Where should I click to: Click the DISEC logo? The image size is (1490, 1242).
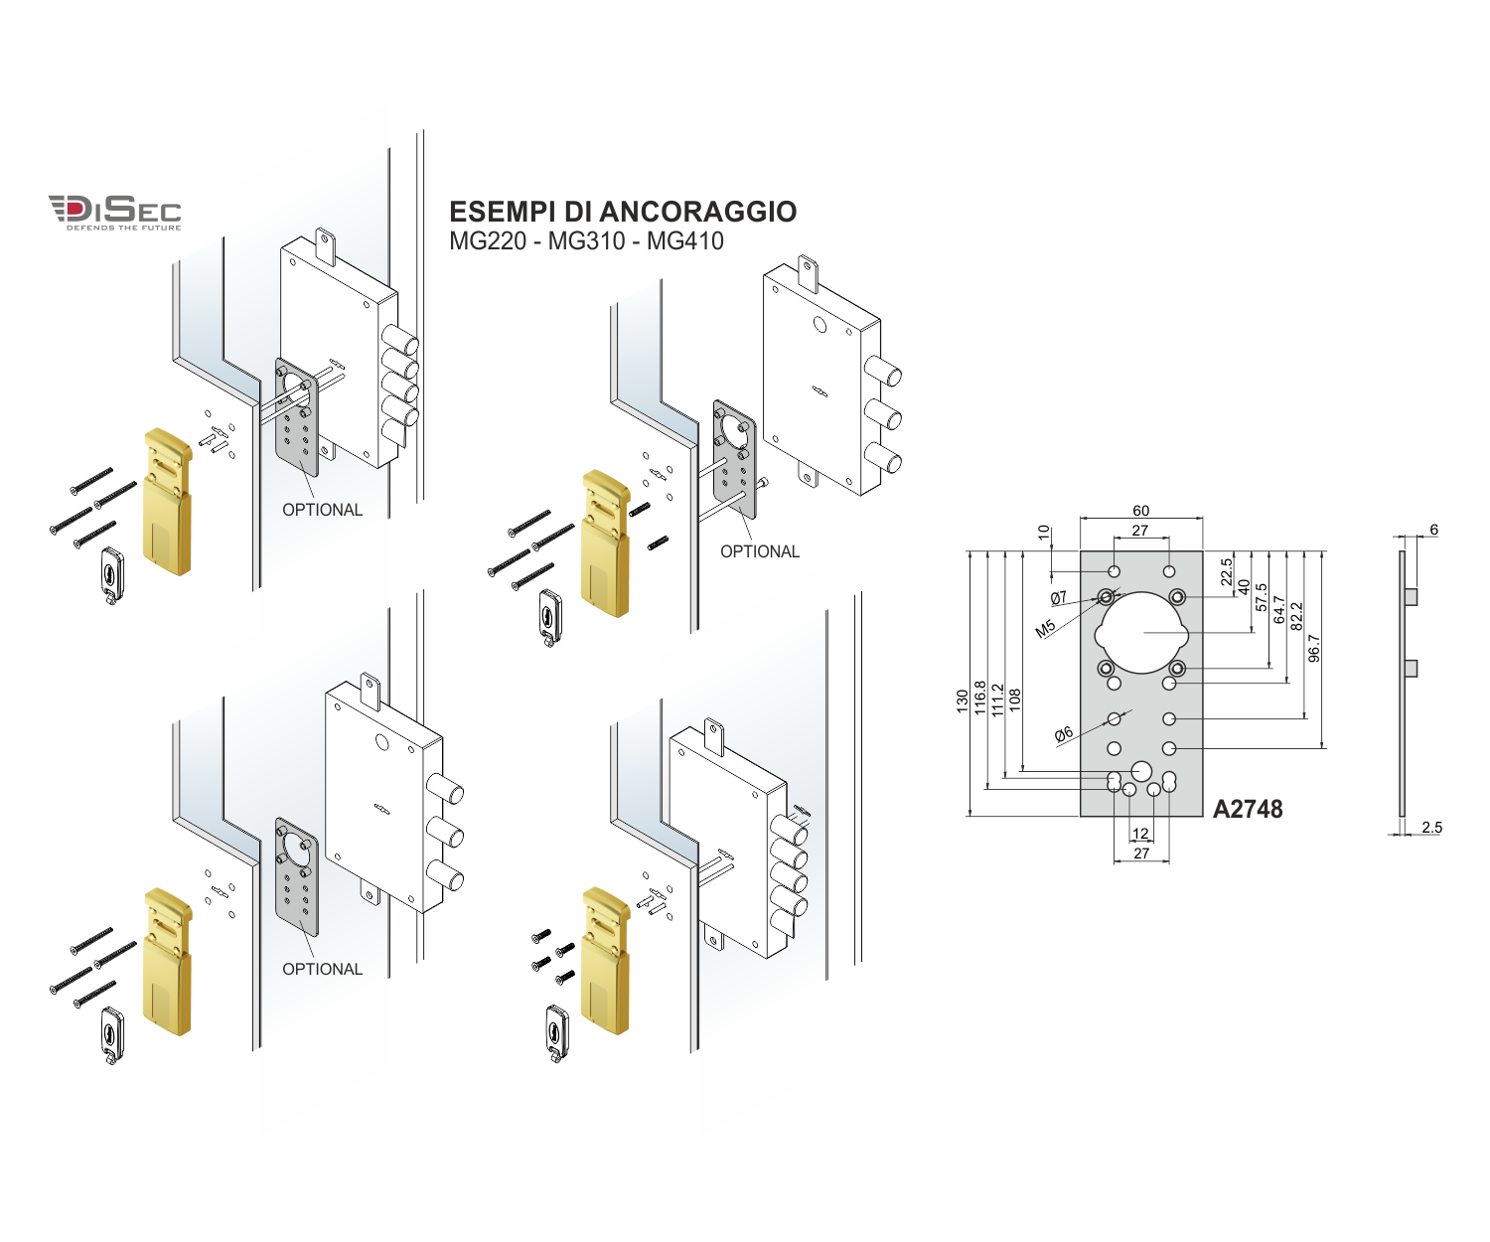tap(115, 212)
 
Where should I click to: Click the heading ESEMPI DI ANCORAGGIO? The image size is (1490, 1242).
tap(622, 212)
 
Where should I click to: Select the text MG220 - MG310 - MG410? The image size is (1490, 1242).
tap(586, 241)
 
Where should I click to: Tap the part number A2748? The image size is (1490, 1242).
tap(1248, 809)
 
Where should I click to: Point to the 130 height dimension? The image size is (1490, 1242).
tap(962, 700)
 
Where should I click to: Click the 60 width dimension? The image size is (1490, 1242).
tap(1140, 511)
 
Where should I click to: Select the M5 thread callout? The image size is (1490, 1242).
tap(1045, 629)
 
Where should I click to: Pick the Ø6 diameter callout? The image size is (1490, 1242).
tap(1064, 735)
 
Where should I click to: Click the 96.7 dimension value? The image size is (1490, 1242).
tap(1314, 648)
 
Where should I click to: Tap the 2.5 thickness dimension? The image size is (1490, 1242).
tap(1431, 828)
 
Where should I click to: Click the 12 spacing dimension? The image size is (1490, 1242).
tap(1140, 834)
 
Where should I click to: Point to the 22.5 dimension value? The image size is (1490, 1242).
tap(1227, 571)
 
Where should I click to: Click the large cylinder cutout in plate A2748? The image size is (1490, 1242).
tap(1141, 632)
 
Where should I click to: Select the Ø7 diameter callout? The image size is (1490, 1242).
tap(1059, 597)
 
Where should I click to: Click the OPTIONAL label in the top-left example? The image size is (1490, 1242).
tap(323, 510)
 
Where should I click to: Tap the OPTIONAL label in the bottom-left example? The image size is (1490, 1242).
tap(323, 969)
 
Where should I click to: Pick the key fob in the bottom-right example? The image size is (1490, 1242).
tap(557, 1033)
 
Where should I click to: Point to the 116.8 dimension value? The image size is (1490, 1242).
tap(980, 698)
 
